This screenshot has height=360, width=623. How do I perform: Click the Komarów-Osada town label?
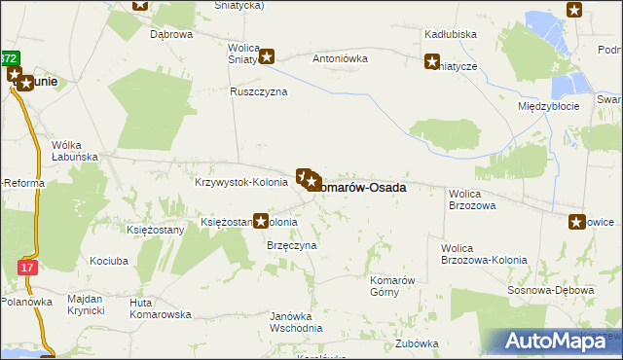[x=360, y=187]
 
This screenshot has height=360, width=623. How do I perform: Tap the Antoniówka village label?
[x=340, y=58]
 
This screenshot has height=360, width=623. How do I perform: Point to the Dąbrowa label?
[x=171, y=34]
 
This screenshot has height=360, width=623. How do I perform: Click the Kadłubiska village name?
[x=450, y=34]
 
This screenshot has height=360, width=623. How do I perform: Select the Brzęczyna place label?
[x=292, y=246]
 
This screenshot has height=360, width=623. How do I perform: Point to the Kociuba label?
[x=108, y=262]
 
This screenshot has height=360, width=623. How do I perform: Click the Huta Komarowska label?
[x=160, y=308]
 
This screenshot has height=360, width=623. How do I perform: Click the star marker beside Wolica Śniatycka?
[x=265, y=57]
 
